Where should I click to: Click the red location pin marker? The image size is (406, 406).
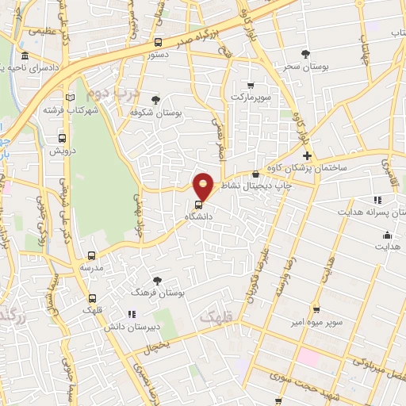[x=204, y=186]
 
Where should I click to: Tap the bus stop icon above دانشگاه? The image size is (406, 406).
[x=198, y=201]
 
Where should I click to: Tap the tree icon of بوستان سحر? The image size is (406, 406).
[x=307, y=53]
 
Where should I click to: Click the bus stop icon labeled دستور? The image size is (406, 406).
[x=159, y=43]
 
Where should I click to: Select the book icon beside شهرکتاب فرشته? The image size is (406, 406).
[x=71, y=98]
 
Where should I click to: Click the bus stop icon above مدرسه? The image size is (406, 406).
[x=92, y=255]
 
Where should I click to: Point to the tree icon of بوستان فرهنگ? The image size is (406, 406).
[x=157, y=281]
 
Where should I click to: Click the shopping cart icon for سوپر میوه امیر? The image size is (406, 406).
[x=316, y=309]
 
